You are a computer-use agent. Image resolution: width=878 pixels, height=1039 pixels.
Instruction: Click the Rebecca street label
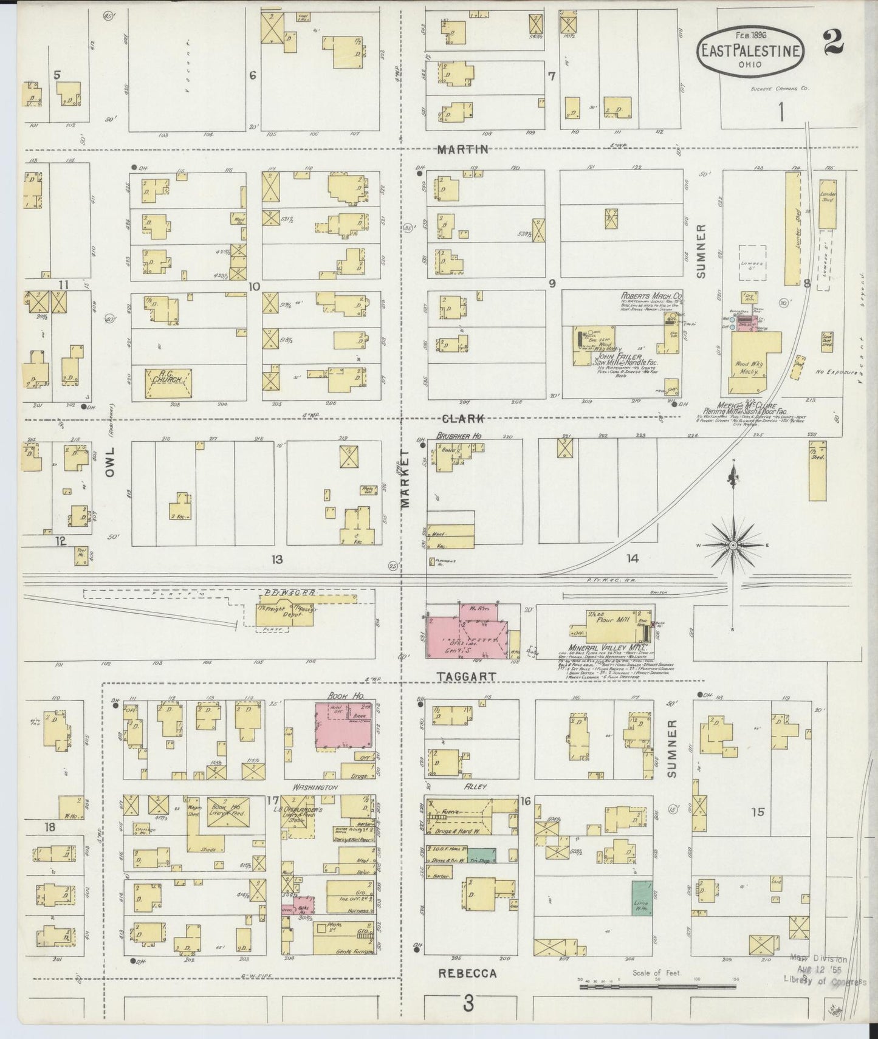pos(467,973)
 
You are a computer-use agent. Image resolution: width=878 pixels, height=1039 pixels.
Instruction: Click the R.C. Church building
pos(168,383)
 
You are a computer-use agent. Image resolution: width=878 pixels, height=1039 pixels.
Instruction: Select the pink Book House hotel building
pos(343,725)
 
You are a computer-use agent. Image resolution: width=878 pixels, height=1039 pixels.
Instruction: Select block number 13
pos(277,559)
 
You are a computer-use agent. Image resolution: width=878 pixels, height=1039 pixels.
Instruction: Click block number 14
pos(633,558)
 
